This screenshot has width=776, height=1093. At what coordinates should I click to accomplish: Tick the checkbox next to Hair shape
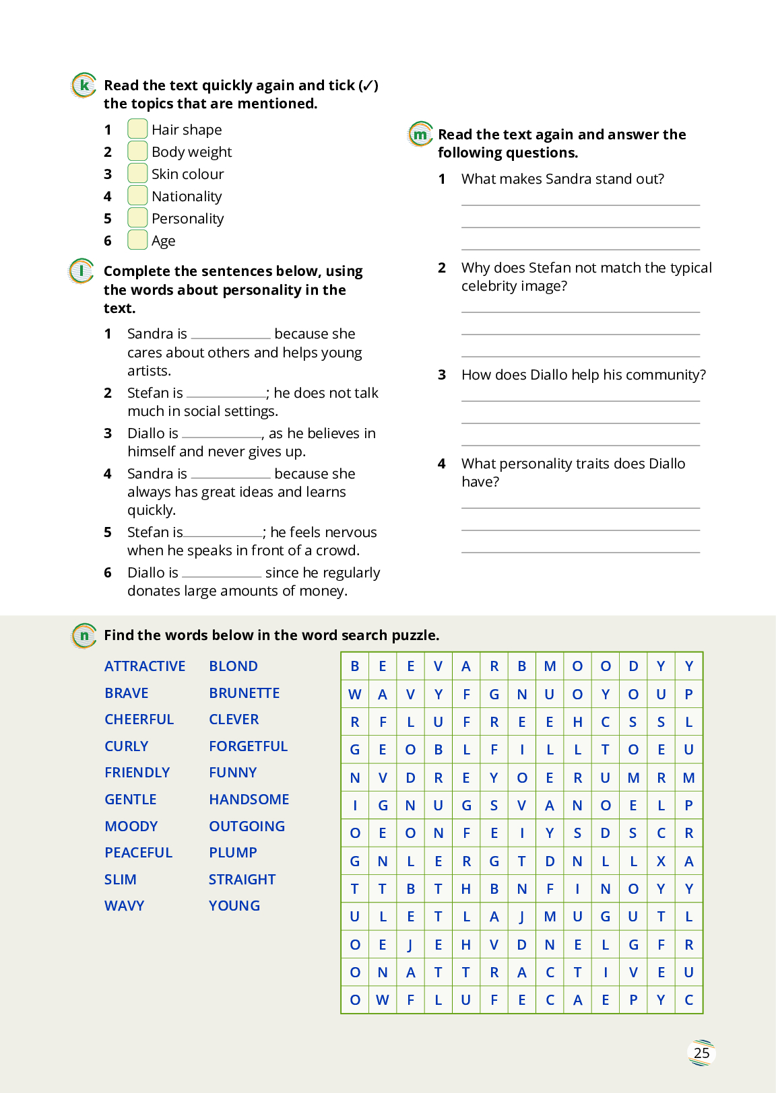click(x=137, y=129)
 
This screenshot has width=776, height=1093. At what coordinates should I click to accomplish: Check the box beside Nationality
click(x=137, y=195)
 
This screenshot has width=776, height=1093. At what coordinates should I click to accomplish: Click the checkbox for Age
click(x=137, y=240)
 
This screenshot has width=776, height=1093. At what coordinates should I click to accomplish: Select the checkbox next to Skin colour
click(x=137, y=173)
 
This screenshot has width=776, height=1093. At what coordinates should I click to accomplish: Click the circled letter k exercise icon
click(x=84, y=85)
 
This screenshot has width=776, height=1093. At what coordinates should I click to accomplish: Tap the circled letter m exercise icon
click(x=420, y=134)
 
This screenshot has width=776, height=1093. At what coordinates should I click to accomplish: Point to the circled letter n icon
click(x=84, y=635)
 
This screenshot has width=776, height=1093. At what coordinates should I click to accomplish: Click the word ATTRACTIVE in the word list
click(x=145, y=666)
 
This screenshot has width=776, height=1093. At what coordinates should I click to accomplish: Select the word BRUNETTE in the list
click(x=244, y=693)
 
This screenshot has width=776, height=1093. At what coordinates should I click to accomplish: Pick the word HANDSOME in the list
click(x=249, y=800)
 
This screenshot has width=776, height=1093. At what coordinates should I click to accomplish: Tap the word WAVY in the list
click(x=125, y=906)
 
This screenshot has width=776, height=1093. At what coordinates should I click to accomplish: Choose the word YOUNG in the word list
click(x=234, y=906)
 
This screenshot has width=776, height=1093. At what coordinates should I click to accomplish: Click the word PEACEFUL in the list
click(x=139, y=853)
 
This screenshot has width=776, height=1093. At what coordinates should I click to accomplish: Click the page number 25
click(x=701, y=1053)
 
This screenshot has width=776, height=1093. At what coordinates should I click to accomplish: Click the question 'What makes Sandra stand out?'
click(x=562, y=179)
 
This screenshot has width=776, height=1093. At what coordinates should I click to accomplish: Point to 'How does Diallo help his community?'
click(x=583, y=375)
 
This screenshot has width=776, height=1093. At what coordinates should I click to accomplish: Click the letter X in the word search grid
click(x=661, y=861)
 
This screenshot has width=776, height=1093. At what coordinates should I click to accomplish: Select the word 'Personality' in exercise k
click(x=187, y=219)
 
